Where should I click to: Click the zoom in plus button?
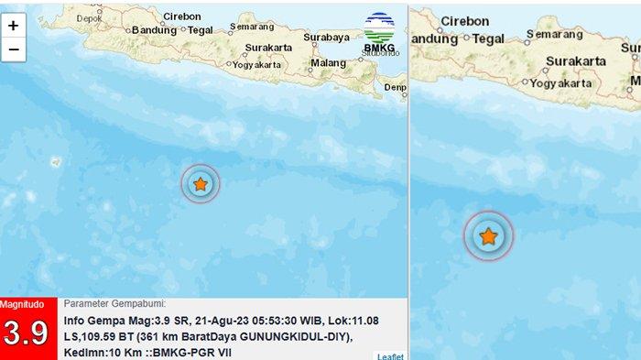point(13,26)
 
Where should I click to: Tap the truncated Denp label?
point(396,87)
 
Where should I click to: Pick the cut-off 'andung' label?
point(433,38)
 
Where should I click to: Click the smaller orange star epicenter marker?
point(201,184)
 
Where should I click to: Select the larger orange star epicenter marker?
point(489,236)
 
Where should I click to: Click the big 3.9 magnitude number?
point(26,333)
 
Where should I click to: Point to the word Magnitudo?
point(22,303)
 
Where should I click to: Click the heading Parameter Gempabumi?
point(115,304)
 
